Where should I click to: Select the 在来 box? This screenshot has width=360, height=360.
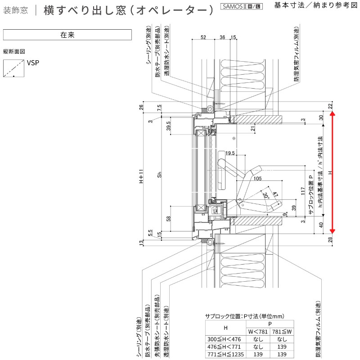(67, 35)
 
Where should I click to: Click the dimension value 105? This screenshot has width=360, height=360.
(257, 179)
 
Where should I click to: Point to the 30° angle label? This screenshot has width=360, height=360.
(266, 196)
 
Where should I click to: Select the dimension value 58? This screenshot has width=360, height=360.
(168, 219)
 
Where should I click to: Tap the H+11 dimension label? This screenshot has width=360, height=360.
(141, 177)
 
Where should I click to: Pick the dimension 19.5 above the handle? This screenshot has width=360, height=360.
(230, 153)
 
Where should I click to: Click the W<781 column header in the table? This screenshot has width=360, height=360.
(258, 332)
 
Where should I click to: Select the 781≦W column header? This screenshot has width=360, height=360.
(282, 332)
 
